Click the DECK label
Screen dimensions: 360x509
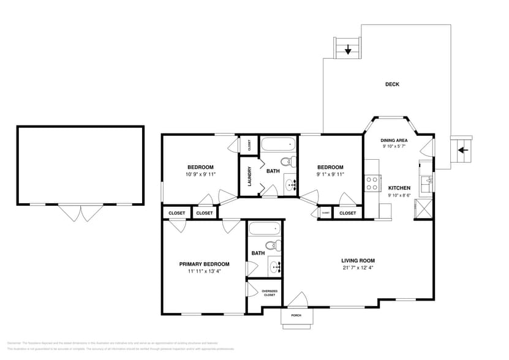click(x=392, y=84)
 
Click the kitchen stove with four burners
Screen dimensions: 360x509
click(x=371, y=183)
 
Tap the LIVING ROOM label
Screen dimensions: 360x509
click(x=358, y=260)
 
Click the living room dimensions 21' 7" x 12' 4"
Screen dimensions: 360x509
click(x=358, y=268)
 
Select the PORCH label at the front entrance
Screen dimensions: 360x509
click(x=296, y=315)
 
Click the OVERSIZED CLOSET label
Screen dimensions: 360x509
click(x=270, y=293)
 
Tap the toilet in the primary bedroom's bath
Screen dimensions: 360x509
click(x=277, y=246)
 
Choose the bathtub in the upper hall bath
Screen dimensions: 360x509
click(x=279, y=146)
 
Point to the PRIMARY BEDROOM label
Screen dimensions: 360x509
click(x=204, y=264)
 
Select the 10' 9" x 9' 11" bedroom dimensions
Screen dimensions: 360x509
click(x=200, y=174)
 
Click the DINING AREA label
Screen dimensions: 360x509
click(x=394, y=140)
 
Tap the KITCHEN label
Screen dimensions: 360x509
click(x=399, y=187)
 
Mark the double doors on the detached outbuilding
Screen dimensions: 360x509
click(x=80, y=212)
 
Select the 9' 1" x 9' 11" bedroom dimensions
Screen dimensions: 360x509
click(x=330, y=174)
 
